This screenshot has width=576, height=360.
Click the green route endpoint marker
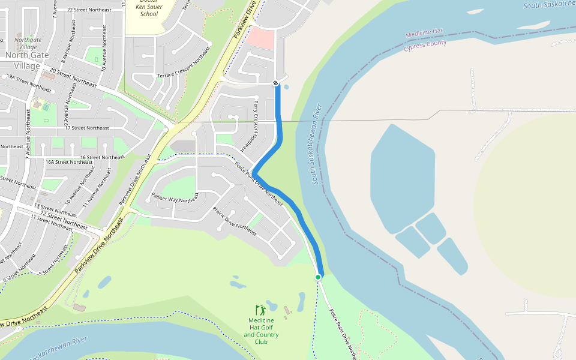[x=319, y=277]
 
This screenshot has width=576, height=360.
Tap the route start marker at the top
[x=275, y=83]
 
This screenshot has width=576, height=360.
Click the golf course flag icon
[x=260, y=310]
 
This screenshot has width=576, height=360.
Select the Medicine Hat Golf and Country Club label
[x=261, y=331]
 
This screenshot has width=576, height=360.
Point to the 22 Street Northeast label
[x=89, y=10]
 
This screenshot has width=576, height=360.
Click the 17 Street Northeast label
[x=87, y=128]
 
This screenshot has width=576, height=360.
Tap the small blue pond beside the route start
[x=286, y=87]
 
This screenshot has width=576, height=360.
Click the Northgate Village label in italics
[x=28, y=44]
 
